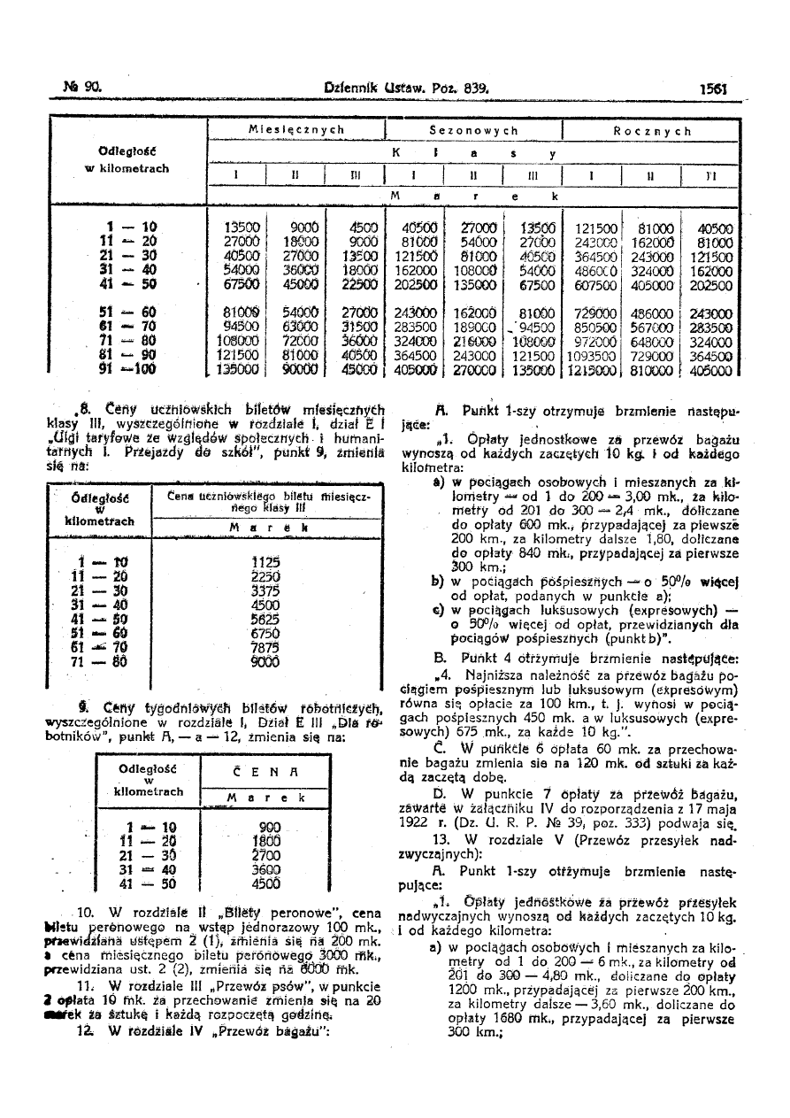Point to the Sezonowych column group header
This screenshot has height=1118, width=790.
tap(473, 130)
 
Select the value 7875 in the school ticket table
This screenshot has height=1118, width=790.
tap(265, 648)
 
